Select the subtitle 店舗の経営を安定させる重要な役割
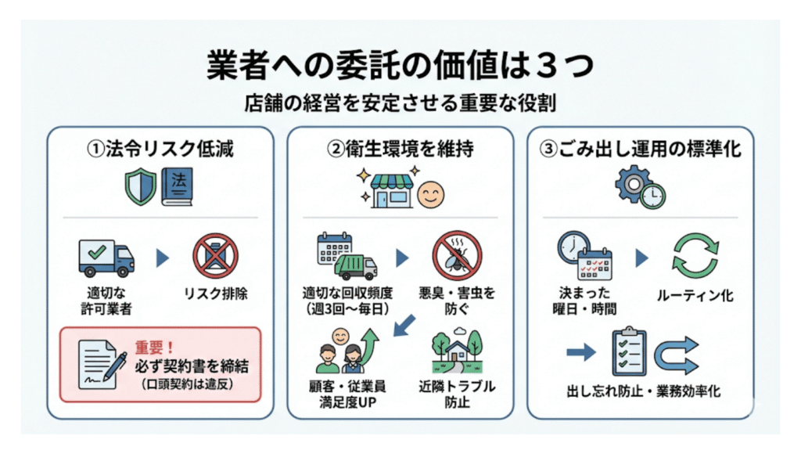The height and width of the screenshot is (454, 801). pyautogui.click(x=400, y=103)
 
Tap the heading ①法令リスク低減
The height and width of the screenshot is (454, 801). pyautogui.click(x=160, y=148)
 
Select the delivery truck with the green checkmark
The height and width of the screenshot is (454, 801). pyautogui.click(x=106, y=258)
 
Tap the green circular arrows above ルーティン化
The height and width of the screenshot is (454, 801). pyautogui.click(x=695, y=258)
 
